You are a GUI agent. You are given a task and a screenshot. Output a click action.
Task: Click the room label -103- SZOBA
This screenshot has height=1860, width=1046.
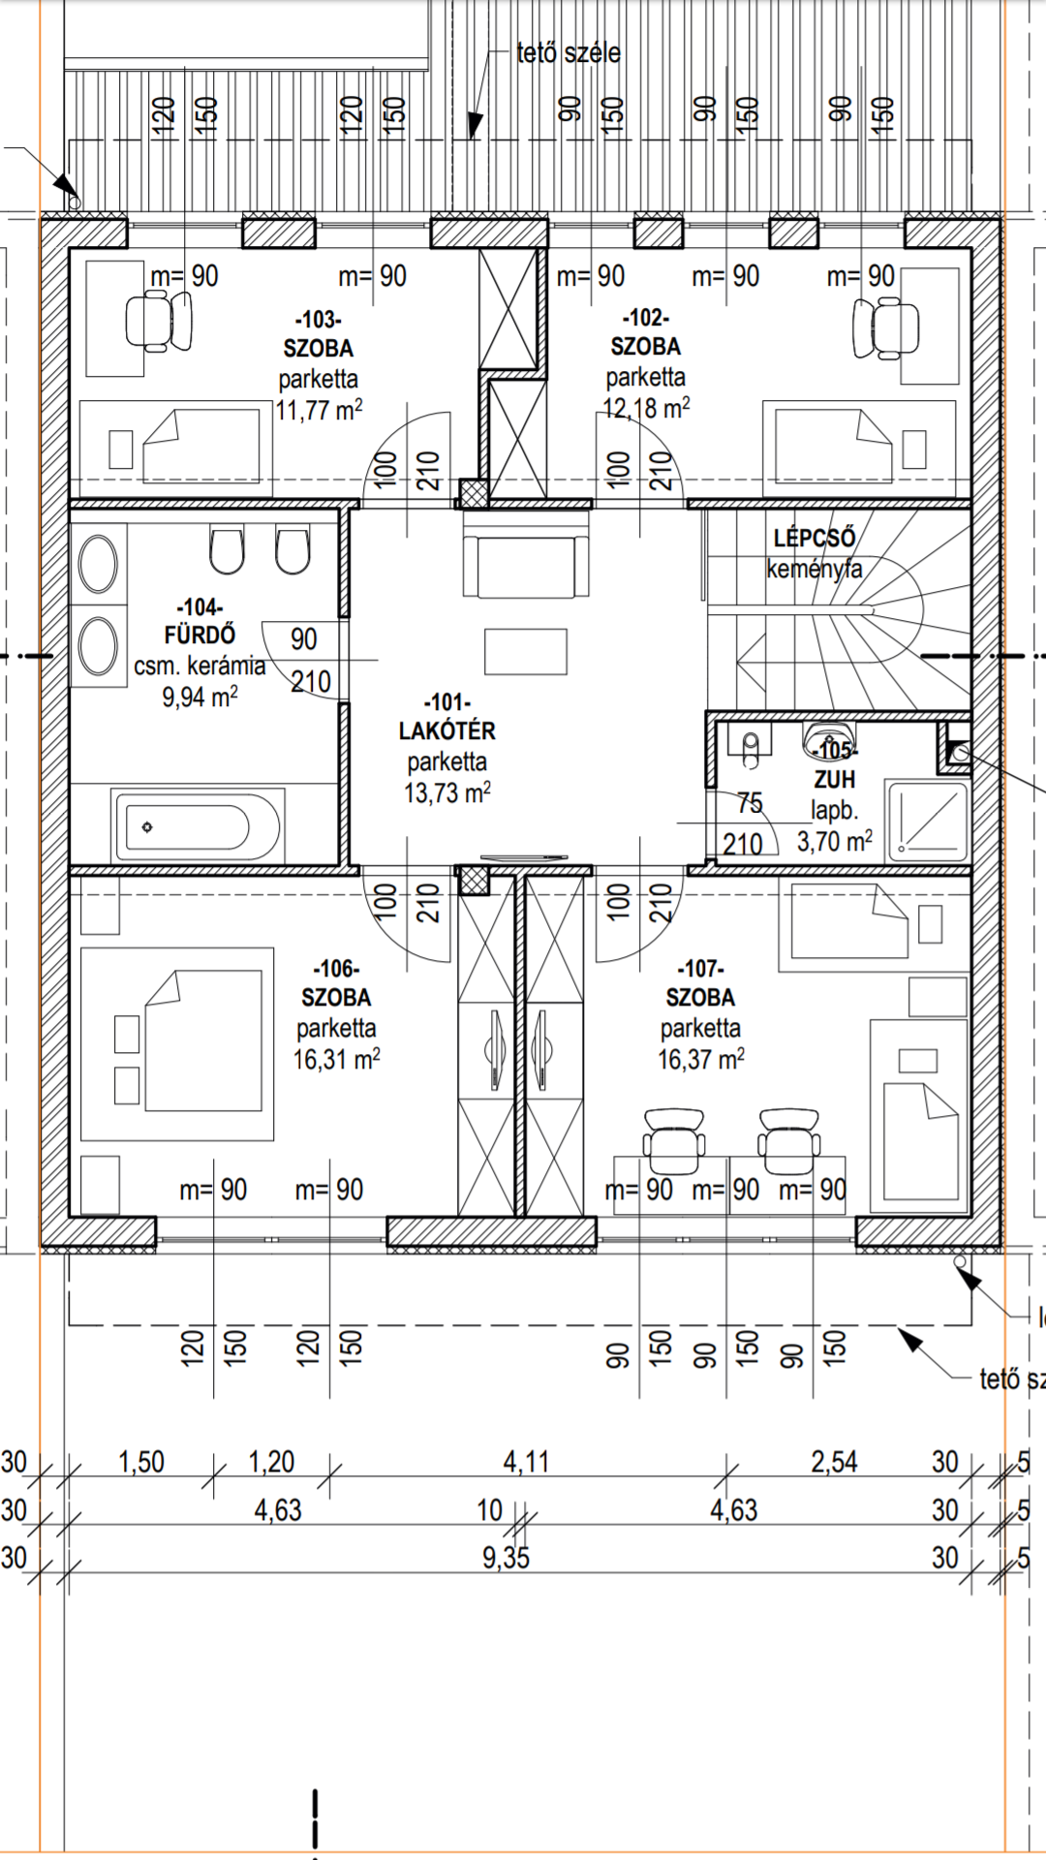coord(318,333)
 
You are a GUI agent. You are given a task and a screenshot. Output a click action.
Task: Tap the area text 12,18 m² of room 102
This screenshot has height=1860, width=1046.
coord(646,408)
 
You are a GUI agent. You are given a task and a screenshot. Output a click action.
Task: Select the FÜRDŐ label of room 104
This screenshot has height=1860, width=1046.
coord(200,635)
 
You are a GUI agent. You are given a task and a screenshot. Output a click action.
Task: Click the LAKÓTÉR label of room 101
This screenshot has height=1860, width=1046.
coord(447,730)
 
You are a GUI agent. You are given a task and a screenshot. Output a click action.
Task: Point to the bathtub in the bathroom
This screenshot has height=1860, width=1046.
coord(197,826)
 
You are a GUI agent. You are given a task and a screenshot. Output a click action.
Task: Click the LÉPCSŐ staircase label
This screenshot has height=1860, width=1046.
coord(815,538)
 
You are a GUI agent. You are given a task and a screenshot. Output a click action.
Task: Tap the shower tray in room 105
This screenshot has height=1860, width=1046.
coord(929,820)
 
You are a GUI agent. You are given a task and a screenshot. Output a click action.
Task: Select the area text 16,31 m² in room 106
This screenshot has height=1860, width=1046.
coord(337,1060)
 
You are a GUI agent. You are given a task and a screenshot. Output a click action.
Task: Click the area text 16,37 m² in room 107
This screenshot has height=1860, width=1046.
coord(701,1060)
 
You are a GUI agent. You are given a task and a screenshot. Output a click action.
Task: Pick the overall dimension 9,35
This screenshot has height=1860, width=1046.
coord(506,1557)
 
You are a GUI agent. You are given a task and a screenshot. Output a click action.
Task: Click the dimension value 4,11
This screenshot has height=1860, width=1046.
coord(526,1461)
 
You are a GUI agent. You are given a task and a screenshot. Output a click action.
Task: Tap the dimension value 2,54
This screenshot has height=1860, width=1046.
coord(834,1461)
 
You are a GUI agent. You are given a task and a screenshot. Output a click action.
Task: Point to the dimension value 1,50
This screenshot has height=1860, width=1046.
coord(141,1461)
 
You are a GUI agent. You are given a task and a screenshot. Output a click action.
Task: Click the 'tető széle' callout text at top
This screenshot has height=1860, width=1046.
coord(569,53)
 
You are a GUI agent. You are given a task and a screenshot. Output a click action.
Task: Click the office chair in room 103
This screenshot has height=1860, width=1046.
coord(159,321)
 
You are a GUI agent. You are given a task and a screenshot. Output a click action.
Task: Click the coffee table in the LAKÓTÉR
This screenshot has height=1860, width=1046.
coord(526,651)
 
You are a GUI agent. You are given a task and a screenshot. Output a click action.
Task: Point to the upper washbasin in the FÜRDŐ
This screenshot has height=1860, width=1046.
coord(99,564)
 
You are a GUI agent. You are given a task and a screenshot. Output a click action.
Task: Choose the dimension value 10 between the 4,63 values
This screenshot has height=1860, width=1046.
coord(490,1509)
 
